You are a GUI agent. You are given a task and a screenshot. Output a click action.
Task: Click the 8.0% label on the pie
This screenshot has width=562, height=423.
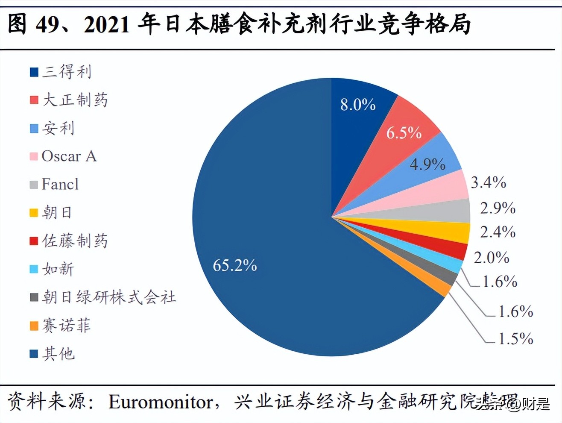(358, 105)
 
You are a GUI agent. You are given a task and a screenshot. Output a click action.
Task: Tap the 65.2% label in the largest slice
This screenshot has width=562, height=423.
(235, 265)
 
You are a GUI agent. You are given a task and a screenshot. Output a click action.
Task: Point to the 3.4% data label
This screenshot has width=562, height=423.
(488, 182)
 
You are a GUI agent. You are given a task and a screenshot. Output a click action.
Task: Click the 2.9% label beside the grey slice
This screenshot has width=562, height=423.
(498, 208)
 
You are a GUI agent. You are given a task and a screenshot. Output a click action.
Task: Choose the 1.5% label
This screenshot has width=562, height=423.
(516, 339)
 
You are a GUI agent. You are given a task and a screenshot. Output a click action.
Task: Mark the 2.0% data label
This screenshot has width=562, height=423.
(492, 258)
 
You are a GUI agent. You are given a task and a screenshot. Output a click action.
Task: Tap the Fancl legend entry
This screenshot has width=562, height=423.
(60, 184)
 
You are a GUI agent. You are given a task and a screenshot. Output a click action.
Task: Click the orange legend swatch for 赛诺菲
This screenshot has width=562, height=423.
(34, 326)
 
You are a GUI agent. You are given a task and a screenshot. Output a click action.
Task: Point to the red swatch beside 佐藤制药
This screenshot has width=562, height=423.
(34, 241)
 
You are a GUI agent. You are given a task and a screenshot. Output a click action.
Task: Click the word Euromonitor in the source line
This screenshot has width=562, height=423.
(161, 402)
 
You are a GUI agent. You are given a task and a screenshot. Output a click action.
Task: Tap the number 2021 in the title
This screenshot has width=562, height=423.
(107, 24)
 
